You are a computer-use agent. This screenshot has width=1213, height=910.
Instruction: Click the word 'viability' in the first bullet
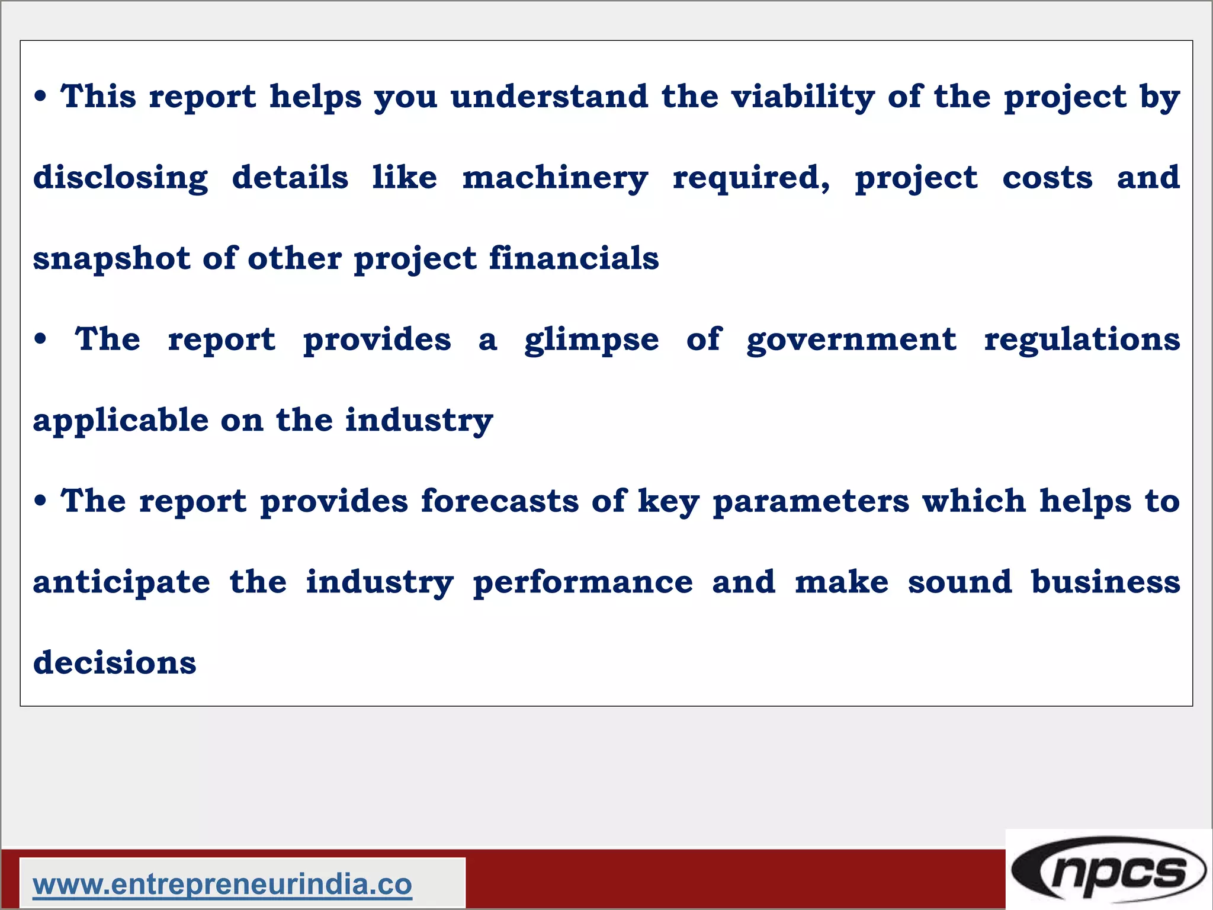(803, 97)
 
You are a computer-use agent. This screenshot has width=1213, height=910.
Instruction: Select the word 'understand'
(550, 97)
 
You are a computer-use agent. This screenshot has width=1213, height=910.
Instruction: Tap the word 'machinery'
(555, 178)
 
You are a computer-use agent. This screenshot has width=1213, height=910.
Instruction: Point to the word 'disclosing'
(121, 178)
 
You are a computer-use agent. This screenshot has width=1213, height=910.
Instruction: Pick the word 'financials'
(574, 258)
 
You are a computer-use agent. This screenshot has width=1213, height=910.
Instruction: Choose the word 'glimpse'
(591, 340)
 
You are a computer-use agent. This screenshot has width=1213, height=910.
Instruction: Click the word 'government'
(851, 340)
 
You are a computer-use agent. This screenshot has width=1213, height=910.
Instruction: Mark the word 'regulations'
(1082, 339)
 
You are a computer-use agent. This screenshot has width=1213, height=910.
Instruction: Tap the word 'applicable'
(121, 421)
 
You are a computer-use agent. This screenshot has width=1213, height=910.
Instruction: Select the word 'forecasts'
(500, 501)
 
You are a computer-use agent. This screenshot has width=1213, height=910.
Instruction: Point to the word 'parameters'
(811, 502)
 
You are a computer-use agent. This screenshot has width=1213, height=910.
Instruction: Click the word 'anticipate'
(121, 582)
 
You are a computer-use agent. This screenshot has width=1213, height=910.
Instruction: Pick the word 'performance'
(583, 582)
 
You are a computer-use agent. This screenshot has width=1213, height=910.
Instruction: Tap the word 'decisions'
(115, 662)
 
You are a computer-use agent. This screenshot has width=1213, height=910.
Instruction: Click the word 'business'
(1105, 582)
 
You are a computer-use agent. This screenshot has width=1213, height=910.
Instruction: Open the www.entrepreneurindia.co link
(223, 885)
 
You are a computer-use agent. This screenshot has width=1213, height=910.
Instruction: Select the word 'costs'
(1047, 178)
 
